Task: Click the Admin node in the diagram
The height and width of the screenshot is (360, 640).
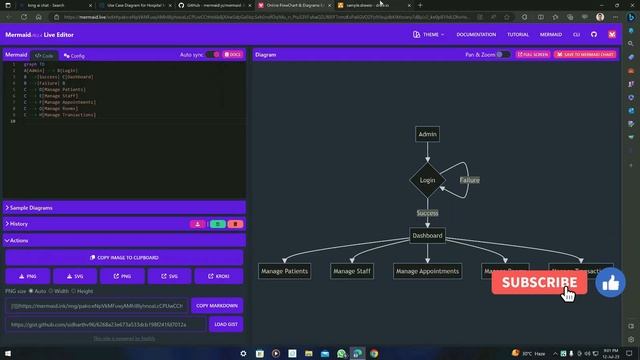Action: point(427,134)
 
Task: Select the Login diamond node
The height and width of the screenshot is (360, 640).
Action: point(427,180)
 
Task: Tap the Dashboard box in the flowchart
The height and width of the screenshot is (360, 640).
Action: point(427,236)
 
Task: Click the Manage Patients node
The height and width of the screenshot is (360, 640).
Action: point(284,271)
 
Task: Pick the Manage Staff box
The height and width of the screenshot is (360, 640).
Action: point(352,271)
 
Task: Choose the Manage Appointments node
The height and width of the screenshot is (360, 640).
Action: point(426,271)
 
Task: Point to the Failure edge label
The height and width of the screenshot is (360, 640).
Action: point(469,180)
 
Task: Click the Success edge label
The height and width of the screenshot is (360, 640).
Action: point(427,213)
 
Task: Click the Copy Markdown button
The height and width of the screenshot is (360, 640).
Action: point(216,305)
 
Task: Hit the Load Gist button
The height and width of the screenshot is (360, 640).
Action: point(225,324)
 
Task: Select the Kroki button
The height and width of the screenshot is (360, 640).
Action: point(222,275)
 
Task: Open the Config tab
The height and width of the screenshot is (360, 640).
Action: point(74,56)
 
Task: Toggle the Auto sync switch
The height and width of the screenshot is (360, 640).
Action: point(212,55)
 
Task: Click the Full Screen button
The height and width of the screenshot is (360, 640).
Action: point(534,55)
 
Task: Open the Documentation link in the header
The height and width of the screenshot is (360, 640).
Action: point(476,34)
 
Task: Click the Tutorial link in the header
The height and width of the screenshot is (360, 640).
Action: point(518,34)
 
